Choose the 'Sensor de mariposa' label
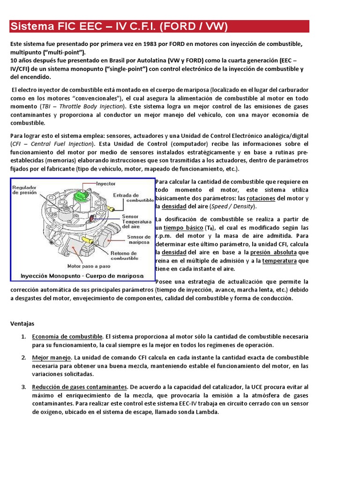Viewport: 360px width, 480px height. coord(138,240)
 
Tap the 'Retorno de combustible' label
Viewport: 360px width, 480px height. coord(124,255)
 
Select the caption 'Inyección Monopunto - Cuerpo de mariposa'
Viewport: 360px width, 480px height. coord(82,275)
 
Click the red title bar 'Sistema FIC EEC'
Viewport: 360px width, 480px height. coord(159,26)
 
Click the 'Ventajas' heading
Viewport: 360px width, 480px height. coord(22,323)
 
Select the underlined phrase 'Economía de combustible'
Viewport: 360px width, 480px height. coord(67,337)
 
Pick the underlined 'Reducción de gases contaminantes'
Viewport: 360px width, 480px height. coord(80,387)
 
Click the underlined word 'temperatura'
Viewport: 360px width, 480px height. coord(279,261)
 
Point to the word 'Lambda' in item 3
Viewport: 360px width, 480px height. coord(208,412)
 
